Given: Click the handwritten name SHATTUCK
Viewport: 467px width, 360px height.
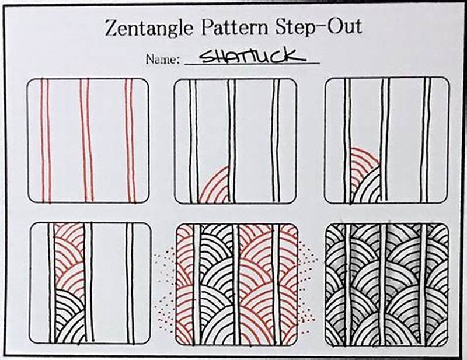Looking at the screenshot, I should pos(251,56).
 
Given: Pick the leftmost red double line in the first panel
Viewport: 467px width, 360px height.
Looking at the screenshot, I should pos(45,140).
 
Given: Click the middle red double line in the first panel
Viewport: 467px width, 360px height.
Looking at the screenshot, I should pos(86,140).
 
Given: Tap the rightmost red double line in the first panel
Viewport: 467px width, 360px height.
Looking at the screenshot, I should pos(130,140).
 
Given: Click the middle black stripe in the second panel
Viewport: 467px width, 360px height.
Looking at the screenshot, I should pos(232,140).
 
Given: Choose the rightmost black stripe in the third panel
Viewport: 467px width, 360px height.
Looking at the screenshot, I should pos(425,140).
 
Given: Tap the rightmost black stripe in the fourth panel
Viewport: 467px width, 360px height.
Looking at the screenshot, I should pos(129,283).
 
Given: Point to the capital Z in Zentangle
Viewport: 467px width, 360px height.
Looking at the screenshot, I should pos(111,27).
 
